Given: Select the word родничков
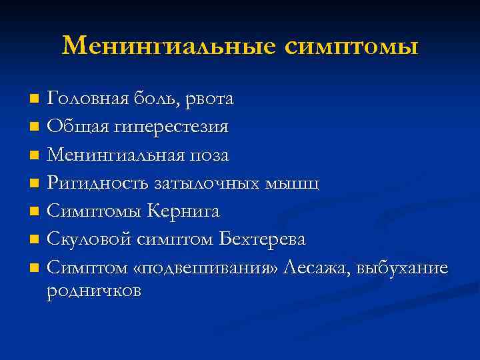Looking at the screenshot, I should pyautogui.click(x=94, y=291).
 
